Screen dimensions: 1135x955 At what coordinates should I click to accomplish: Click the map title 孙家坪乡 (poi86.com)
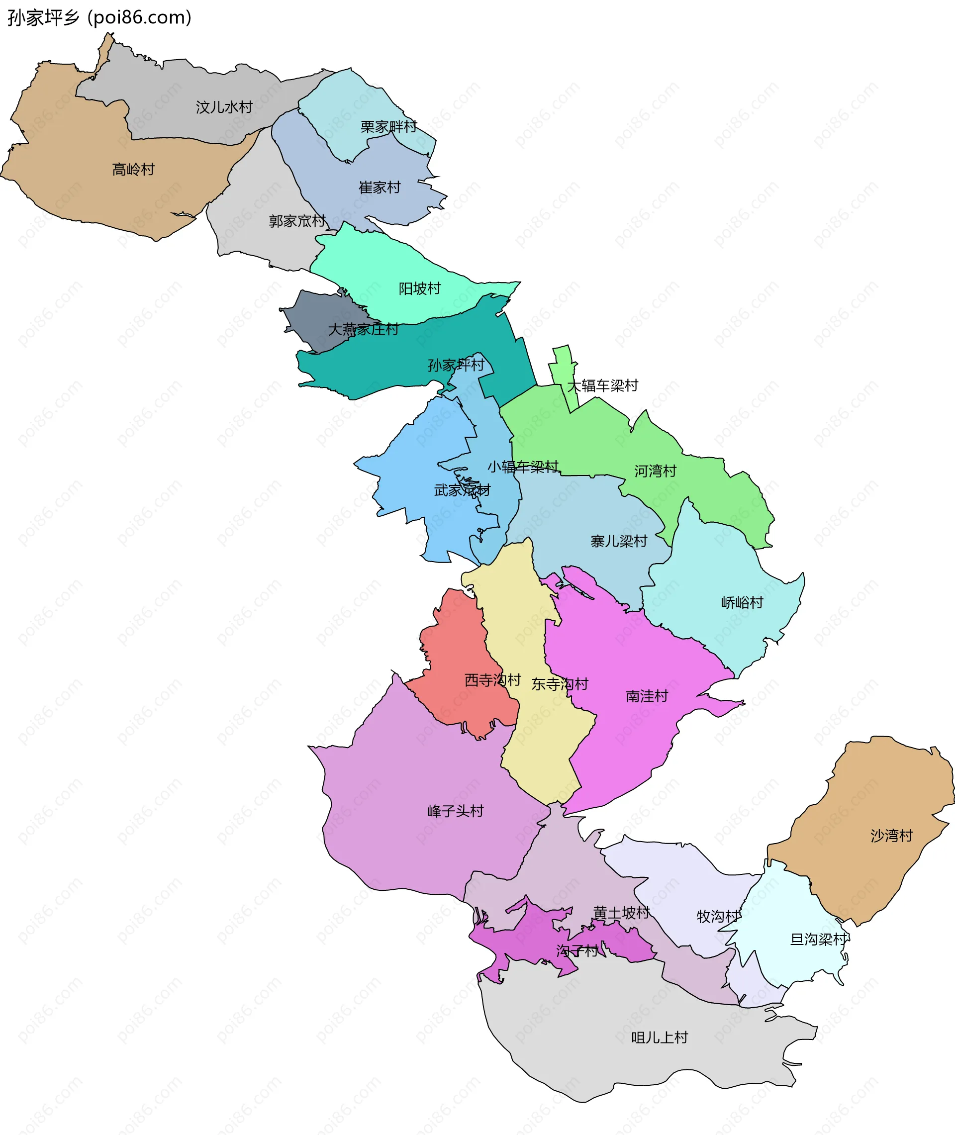(99, 18)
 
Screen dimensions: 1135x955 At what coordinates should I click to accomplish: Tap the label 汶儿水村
(224, 107)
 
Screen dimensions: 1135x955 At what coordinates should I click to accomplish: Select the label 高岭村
(133, 170)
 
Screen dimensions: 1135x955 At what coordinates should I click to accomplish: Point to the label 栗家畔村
(388, 127)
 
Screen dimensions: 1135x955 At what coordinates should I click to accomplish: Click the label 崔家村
(380, 188)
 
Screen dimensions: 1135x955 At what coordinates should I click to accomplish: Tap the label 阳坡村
(420, 288)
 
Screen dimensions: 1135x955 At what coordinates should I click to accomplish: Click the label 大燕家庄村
(363, 329)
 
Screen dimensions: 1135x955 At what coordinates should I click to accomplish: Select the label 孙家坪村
(456, 365)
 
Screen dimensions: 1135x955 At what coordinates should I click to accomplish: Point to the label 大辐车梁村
(602, 385)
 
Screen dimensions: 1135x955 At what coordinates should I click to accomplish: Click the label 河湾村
(655, 471)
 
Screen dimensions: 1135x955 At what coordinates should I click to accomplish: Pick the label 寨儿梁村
(619, 541)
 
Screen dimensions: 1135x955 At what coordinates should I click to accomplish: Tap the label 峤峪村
(742, 602)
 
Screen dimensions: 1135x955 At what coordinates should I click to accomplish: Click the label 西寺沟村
(492, 680)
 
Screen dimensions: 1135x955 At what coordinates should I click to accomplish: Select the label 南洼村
(647, 696)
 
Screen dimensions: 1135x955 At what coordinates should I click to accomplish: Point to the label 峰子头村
(455, 811)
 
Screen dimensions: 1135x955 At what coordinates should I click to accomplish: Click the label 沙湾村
(891, 836)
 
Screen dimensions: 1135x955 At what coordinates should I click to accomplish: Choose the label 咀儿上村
(660, 1038)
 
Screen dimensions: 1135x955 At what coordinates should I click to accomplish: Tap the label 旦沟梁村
(819, 939)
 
